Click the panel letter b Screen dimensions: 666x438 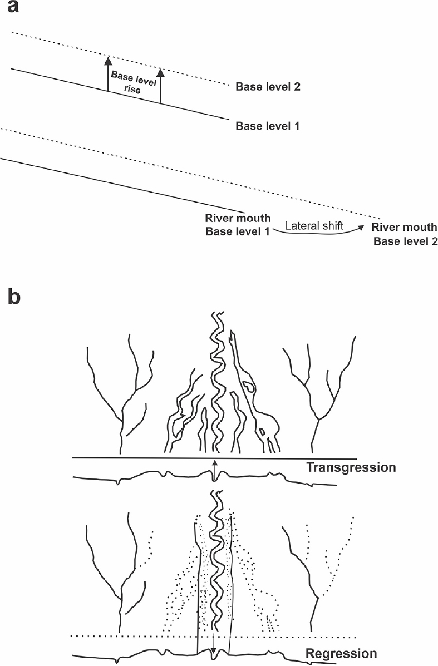coord(12,297)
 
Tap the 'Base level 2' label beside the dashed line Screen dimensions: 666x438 coord(268,87)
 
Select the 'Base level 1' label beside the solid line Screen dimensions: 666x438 coord(268,126)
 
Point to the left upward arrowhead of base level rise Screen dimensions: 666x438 coord(108,61)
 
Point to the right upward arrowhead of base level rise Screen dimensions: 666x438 coord(160,73)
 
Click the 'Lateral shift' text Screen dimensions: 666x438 coord(313,225)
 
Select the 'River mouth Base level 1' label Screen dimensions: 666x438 coord(238,225)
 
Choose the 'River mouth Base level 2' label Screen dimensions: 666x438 coord(405,235)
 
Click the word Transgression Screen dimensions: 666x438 coord(351,467)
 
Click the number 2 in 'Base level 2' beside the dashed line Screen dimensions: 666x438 coord(297,87)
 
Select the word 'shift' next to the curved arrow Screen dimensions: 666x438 coord(331,225)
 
